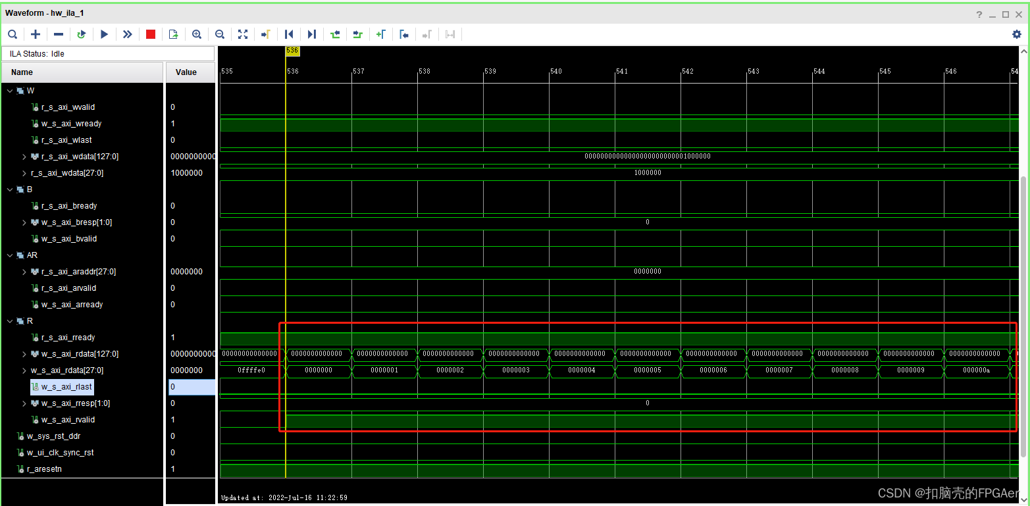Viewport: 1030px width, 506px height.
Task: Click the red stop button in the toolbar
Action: (151, 34)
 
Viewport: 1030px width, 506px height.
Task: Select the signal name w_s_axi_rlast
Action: (66, 387)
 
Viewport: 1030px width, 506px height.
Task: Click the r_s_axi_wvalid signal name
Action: (68, 107)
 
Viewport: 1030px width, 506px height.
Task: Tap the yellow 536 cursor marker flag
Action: (292, 51)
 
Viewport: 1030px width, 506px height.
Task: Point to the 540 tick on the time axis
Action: (556, 71)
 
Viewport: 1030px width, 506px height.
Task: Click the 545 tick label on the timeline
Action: (885, 71)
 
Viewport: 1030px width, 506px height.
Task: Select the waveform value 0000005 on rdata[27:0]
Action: (648, 370)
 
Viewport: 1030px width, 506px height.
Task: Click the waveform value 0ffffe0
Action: (251, 370)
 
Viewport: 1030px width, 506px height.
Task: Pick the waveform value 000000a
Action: (977, 370)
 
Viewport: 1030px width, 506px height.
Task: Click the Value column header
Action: (186, 72)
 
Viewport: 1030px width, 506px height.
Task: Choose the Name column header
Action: (22, 72)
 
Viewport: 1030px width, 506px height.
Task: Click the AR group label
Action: (32, 255)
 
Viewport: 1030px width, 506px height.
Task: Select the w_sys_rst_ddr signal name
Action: (53, 436)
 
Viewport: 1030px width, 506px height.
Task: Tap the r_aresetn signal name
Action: (44, 469)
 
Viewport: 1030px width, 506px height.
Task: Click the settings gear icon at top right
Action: (1016, 34)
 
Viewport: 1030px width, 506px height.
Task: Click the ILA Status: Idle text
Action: (37, 54)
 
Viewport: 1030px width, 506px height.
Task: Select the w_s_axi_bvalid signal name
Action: (68, 239)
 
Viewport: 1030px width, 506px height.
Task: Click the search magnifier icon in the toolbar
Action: (13, 34)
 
